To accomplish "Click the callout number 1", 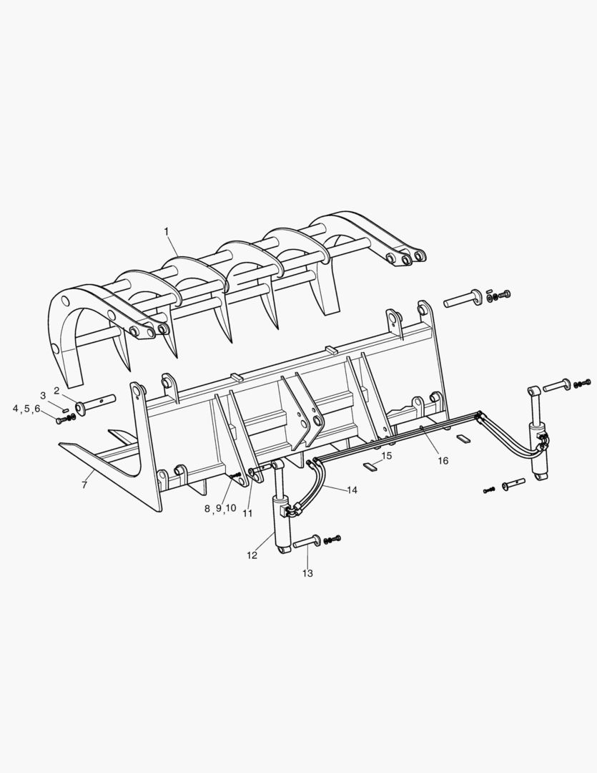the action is [167, 231].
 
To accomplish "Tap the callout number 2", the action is [56, 391].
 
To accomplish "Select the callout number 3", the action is [43, 395].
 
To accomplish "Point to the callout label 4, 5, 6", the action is [26, 409].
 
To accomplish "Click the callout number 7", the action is [84, 485].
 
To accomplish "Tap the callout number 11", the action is [247, 513].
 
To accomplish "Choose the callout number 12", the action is [252, 555].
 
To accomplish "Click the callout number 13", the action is [307, 573].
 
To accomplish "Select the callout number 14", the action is [352, 490].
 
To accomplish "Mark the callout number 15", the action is [387, 456].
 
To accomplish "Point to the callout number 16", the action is [443, 460].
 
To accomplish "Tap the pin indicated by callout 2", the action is [95, 403].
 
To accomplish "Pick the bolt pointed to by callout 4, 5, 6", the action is [60, 421].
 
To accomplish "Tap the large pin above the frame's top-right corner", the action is [463, 298].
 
